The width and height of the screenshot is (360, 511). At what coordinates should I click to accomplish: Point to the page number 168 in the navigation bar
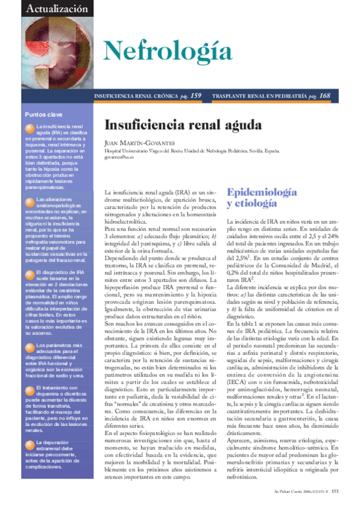tap(324, 96)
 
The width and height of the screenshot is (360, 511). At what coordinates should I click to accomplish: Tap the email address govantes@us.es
tap(119, 156)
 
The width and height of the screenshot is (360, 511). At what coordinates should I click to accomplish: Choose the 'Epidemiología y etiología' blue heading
tap(261, 198)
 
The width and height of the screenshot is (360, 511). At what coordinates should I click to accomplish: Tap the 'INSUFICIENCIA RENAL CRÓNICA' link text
tap(136, 96)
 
